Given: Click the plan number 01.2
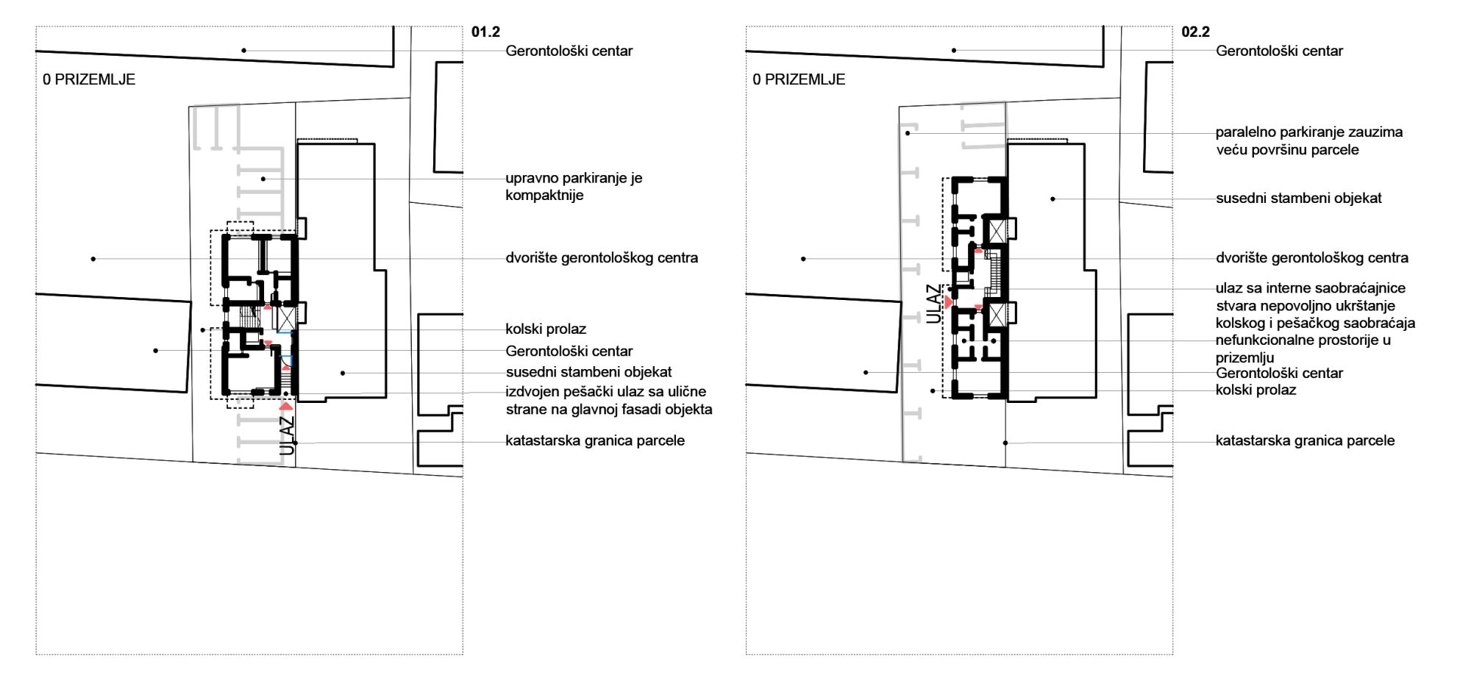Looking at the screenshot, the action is pyautogui.click(x=485, y=32).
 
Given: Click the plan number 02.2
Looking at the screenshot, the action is pyautogui.click(x=1195, y=32).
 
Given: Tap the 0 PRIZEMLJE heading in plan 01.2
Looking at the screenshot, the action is pyautogui.click(x=89, y=79).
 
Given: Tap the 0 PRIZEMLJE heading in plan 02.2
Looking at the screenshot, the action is pyautogui.click(x=799, y=79).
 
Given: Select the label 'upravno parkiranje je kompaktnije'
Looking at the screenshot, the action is pyautogui.click(x=574, y=187).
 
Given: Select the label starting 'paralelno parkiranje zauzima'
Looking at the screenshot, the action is pyautogui.click(x=1309, y=141).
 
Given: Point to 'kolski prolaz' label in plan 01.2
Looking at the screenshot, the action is pyautogui.click(x=546, y=329).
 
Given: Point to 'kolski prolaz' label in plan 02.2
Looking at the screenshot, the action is pyautogui.click(x=1255, y=390).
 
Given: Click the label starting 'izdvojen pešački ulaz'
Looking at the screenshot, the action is pyautogui.click(x=609, y=401).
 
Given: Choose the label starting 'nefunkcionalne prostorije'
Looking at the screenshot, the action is pyautogui.click(x=1303, y=349).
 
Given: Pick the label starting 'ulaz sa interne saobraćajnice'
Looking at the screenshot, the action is pyautogui.click(x=1315, y=306).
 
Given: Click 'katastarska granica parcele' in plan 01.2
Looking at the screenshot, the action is pyautogui.click(x=595, y=440).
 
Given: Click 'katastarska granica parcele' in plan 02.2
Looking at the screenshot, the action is pyautogui.click(x=1305, y=440).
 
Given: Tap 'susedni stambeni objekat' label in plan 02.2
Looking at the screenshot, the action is pyautogui.click(x=1299, y=198).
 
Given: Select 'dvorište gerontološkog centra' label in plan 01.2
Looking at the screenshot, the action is pyautogui.click(x=602, y=258).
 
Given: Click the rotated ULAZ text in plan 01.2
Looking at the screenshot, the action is pyautogui.click(x=287, y=435).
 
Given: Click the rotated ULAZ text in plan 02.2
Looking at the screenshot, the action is pyautogui.click(x=933, y=304).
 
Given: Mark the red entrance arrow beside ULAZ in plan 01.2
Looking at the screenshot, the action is pyautogui.click(x=286, y=406).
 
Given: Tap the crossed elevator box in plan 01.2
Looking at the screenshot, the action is pyautogui.click(x=285, y=319).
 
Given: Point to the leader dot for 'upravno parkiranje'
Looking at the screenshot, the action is pyautogui.click(x=263, y=179).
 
